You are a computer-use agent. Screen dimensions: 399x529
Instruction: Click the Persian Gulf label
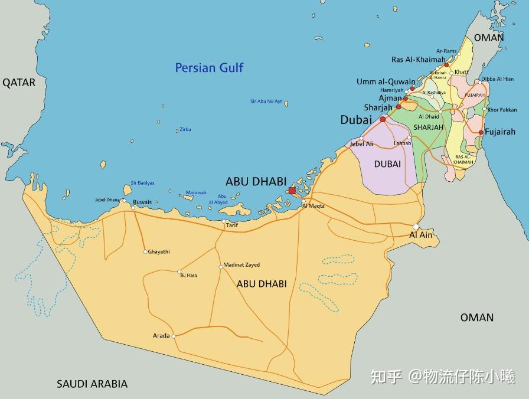pyautogui.click(x=209, y=68)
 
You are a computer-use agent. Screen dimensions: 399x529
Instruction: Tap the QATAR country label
pyautogui.click(x=19, y=83)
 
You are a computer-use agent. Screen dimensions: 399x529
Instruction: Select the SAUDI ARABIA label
pyautogui.click(x=92, y=384)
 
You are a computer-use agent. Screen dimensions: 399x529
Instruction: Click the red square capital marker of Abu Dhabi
pyautogui.click(x=292, y=190)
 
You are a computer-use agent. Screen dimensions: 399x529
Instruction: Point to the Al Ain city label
pyautogui.click(x=421, y=235)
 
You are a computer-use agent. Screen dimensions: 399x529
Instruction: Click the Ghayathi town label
pyautogui.click(x=159, y=252)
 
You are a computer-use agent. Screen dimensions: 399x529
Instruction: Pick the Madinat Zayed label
pyautogui.click(x=241, y=265)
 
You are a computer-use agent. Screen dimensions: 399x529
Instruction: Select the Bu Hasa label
pyautogui.click(x=188, y=276)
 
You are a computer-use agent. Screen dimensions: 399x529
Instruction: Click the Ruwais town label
pyautogui.click(x=142, y=202)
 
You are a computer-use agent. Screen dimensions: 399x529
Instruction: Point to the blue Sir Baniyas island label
pyautogui.click(x=142, y=183)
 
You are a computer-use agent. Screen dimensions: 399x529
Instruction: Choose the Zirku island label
pyautogui.click(x=185, y=130)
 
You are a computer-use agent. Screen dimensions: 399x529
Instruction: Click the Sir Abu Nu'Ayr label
pyautogui.click(x=266, y=102)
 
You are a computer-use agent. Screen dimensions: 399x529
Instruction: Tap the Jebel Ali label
pyautogui.click(x=361, y=144)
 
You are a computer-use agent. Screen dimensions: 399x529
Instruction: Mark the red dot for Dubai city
pyautogui.click(x=383, y=119)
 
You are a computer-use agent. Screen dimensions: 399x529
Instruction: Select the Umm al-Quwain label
pyautogui.click(x=386, y=82)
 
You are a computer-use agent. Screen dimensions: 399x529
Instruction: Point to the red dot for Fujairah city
pyautogui.click(x=481, y=132)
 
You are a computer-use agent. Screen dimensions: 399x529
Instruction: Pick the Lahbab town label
pyautogui.click(x=402, y=143)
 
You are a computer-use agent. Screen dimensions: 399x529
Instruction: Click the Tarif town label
pyautogui.click(x=232, y=225)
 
